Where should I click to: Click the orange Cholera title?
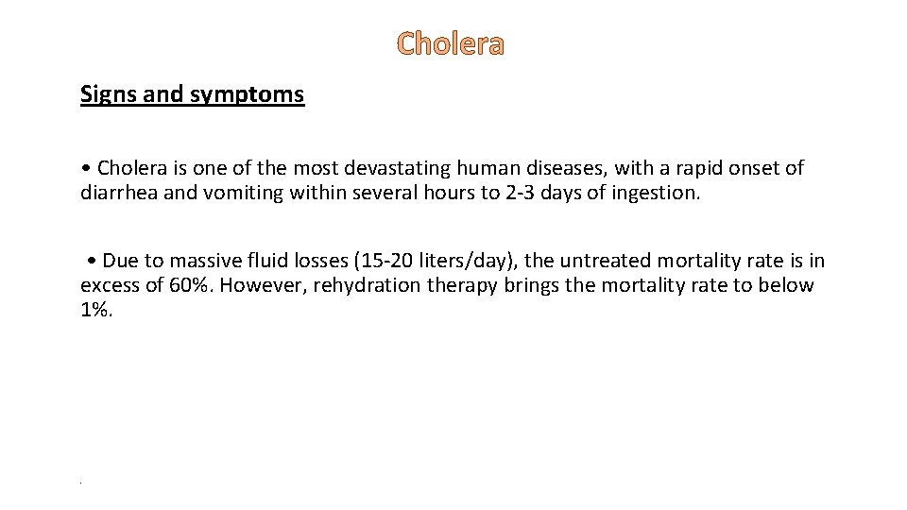[451, 43]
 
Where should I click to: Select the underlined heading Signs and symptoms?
[192, 94]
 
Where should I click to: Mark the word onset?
[757, 168]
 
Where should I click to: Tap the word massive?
[208, 261]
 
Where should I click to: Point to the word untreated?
[607, 261]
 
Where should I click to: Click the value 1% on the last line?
[94, 310]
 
